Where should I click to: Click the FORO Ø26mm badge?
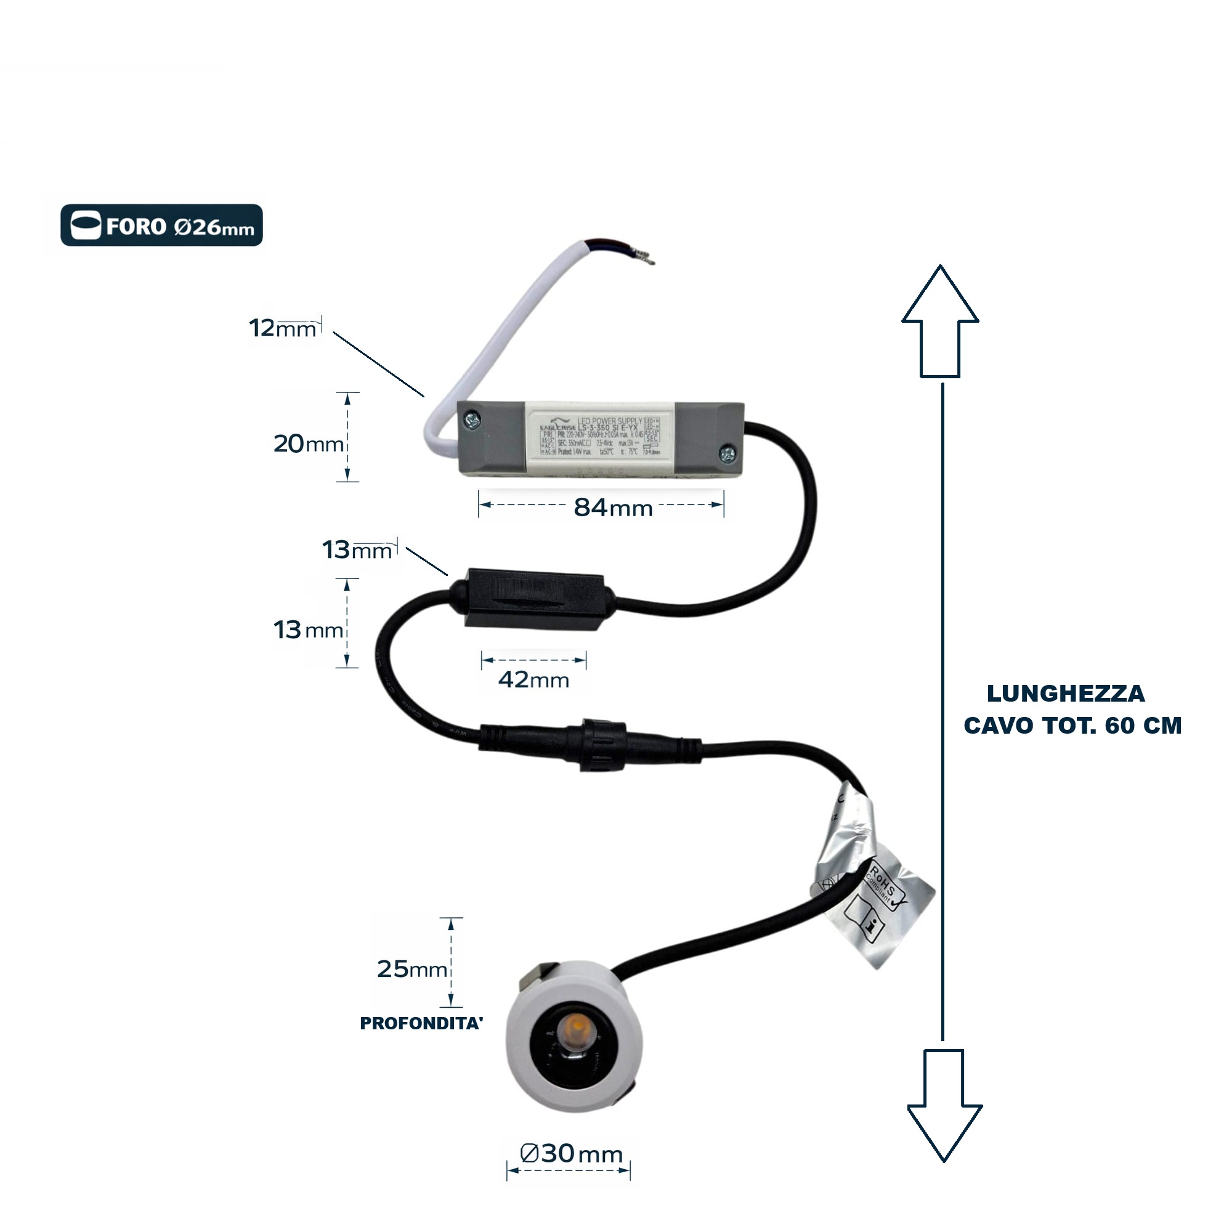pos(161,225)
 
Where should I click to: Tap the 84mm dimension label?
pos(613,508)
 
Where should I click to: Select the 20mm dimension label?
pos(308,444)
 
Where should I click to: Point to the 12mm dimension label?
pos(283,328)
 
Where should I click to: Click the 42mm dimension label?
pos(533,680)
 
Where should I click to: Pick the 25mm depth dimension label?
pos(411,969)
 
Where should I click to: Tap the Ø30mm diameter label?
pos(571,1154)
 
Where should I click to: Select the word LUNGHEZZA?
pos(1066,694)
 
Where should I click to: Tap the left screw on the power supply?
pos(472,419)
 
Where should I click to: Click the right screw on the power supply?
pos(727,454)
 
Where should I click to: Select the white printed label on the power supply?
pos(600,437)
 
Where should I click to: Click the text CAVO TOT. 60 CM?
pos(1072,726)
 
